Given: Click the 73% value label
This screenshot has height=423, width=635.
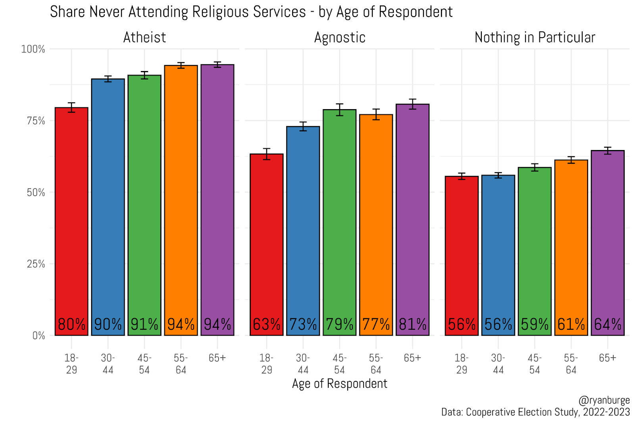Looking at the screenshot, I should (x=303, y=325).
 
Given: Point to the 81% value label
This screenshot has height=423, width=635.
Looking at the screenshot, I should (x=413, y=325).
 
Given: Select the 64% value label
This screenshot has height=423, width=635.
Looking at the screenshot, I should (x=608, y=325).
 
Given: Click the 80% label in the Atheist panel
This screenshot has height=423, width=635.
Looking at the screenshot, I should (x=71, y=325).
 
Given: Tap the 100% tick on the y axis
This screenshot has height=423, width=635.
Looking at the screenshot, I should (x=33, y=49).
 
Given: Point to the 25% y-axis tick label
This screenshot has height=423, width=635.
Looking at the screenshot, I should (x=36, y=264).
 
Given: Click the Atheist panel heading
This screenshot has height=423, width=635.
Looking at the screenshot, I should (x=144, y=37).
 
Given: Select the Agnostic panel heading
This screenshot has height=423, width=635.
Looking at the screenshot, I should (x=340, y=37).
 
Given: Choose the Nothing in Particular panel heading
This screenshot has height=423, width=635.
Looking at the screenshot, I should (x=535, y=37).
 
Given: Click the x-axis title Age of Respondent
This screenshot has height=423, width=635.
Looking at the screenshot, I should (x=339, y=384).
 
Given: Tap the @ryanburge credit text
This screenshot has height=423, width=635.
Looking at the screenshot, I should (x=604, y=400).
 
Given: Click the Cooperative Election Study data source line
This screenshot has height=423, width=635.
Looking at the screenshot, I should (x=535, y=412).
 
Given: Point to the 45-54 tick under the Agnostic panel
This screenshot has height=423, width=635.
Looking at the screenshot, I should (x=339, y=364).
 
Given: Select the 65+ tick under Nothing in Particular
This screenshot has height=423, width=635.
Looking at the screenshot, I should (x=608, y=358).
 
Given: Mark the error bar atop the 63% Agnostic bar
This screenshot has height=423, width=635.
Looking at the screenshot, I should (x=267, y=154).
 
